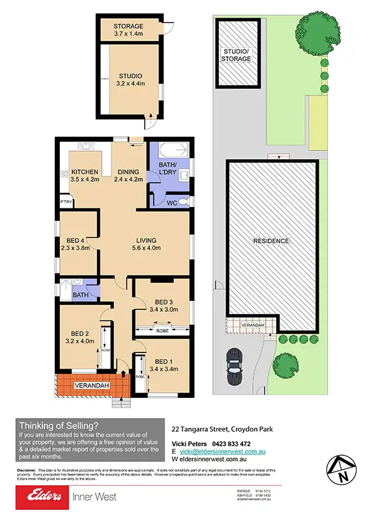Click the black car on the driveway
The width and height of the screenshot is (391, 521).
[x=233, y=368]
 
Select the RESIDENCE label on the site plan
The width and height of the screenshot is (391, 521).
[x=271, y=241]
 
